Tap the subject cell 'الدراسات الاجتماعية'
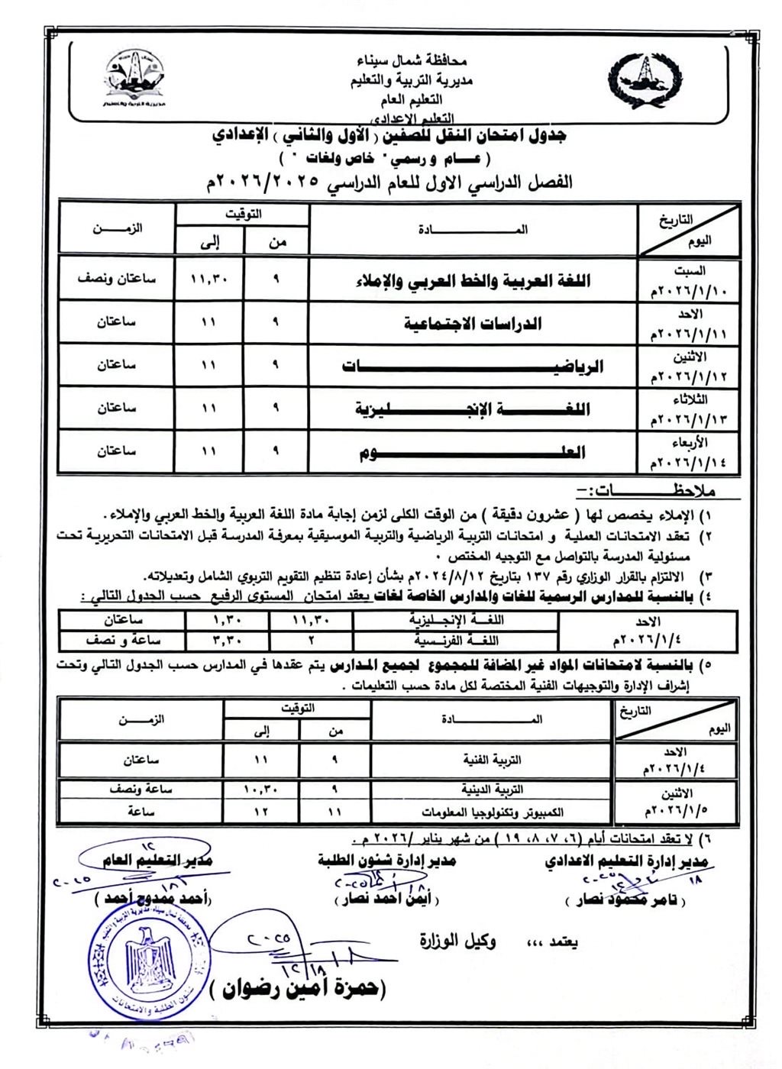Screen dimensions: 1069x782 click(x=473, y=324)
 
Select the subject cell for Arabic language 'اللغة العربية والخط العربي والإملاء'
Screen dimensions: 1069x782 click(x=473, y=281)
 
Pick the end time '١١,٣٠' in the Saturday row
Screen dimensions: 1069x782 click(x=210, y=280)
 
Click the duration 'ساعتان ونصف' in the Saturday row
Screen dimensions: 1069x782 click(x=116, y=279)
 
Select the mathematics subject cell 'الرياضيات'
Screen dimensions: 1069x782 click(x=473, y=367)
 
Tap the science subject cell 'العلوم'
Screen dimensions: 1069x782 click(x=473, y=452)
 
